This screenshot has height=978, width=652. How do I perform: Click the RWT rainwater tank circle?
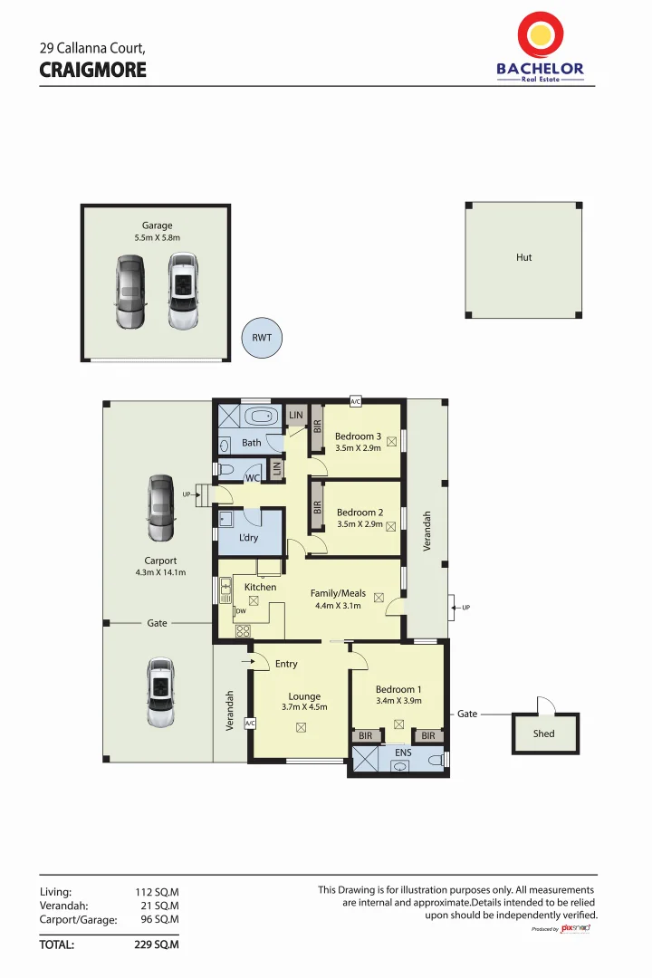[x=262, y=339]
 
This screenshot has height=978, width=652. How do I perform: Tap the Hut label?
[x=523, y=257]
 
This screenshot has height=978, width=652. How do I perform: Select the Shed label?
[x=543, y=733]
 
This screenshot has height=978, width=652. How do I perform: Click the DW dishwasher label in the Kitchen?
[x=241, y=611]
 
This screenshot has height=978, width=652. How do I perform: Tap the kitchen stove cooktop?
[x=243, y=631]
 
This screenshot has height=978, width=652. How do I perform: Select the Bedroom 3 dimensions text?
[x=358, y=448]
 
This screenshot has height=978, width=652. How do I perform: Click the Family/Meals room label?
[x=338, y=593]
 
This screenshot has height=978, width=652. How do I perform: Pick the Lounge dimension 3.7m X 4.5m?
[x=304, y=707]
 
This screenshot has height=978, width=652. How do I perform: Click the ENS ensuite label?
[x=403, y=752]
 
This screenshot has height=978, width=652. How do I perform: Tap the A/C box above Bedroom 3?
[x=355, y=401]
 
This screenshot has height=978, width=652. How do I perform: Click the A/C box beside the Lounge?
[x=251, y=723]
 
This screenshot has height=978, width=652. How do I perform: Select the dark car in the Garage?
[x=129, y=292]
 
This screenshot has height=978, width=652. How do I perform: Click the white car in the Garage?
[x=183, y=292]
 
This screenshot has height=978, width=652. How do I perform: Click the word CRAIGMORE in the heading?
[x=92, y=70]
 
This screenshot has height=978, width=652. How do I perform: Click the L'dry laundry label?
[x=248, y=538]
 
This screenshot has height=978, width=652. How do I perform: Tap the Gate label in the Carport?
[x=158, y=623]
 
